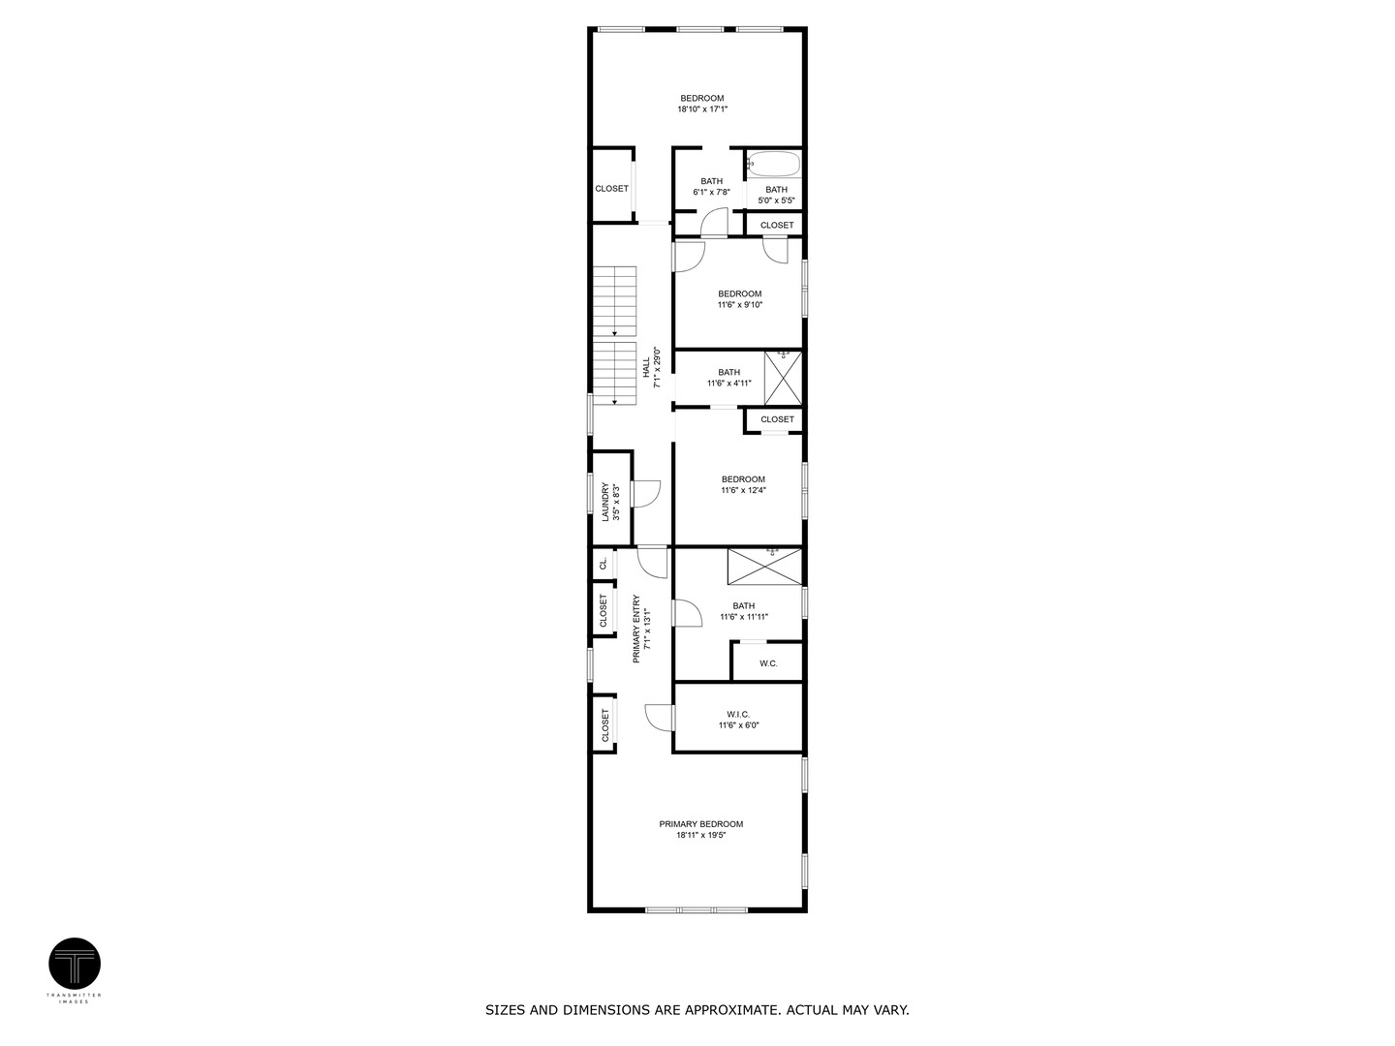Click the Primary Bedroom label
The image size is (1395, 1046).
click(700, 824)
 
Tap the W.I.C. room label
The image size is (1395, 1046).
click(738, 714)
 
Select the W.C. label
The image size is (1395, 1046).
click(768, 663)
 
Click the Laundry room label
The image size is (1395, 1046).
click(605, 503)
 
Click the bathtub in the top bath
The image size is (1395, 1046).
click(773, 164)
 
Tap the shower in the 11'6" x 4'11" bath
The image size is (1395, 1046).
click(783, 378)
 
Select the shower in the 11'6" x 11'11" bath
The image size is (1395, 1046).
click(765, 567)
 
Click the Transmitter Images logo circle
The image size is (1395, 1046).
click(75, 964)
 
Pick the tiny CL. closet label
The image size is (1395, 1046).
click(603, 563)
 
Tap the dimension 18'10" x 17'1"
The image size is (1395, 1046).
click(701, 109)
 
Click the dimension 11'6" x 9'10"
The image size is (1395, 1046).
click(739, 305)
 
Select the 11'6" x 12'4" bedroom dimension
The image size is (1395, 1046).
click(743, 490)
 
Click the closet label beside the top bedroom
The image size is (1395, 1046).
click(611, 189)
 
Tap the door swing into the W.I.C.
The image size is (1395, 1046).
click(659, 717)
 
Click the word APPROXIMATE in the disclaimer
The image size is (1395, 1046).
click(733, 1010)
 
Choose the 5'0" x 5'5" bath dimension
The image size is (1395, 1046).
click(776, 200)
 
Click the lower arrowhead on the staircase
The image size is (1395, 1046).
click(615, 400)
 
